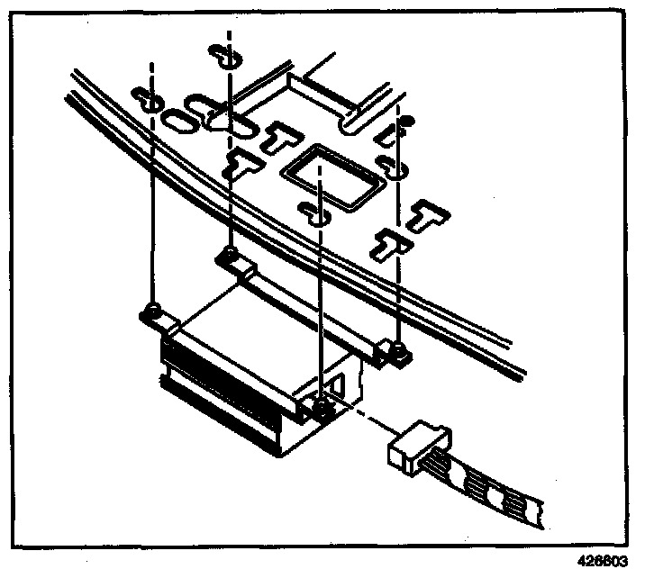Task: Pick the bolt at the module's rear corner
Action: pyautogui.click(x=232, y=255)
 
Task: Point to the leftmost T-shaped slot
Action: pyautogui.click(x=241, y=163)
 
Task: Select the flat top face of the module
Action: pyautogui.click(x=261, y=315)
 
